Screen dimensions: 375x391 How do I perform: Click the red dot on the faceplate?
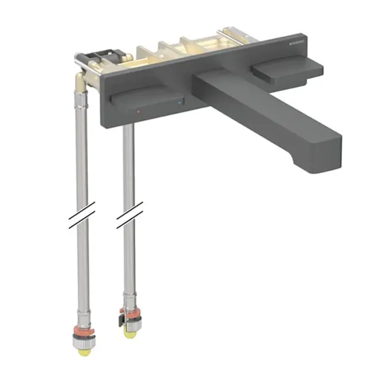tap(139, 111)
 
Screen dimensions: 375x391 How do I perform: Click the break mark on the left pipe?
tap(81, 215)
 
